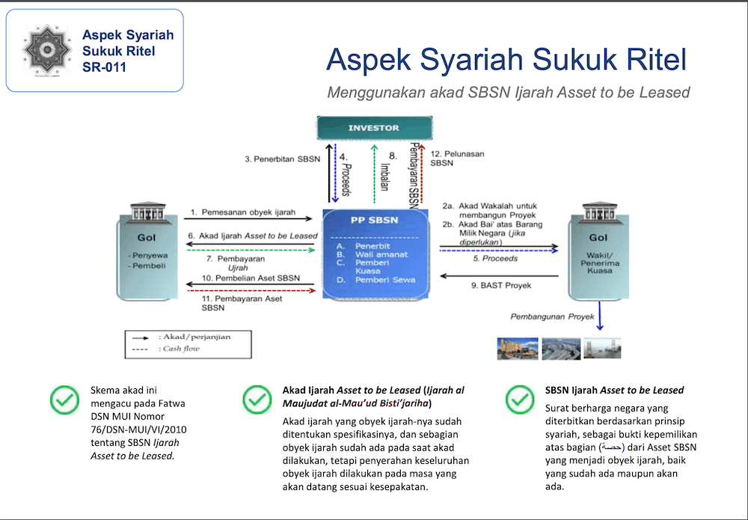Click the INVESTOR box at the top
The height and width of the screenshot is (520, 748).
374,128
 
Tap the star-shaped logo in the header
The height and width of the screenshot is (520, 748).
47,50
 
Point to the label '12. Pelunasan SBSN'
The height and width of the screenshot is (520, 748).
457,158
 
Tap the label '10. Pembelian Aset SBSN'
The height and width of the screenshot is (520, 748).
251,278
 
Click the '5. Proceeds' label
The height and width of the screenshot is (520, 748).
494,258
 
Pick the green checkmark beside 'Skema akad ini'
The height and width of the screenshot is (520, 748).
65,400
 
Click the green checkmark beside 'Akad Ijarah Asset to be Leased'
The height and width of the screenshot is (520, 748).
257,400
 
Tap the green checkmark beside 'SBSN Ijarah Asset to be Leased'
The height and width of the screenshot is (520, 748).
520,400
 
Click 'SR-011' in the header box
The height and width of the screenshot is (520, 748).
105,67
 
